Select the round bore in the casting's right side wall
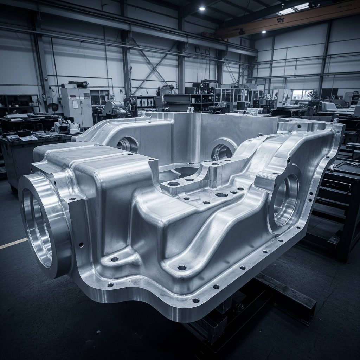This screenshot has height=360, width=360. coord(285,200)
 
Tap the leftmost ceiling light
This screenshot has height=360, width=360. coord(202,8)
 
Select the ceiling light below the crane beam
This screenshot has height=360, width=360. coord(263,32)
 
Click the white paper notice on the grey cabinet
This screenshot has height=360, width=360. coord(75,104)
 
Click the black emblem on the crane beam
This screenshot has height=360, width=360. coord(281,20)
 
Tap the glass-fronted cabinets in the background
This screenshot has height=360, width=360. coord(232,95)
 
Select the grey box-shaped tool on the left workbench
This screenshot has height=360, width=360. coord(67,127)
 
